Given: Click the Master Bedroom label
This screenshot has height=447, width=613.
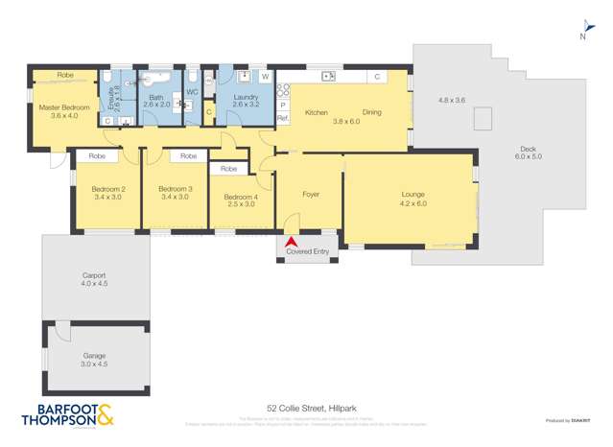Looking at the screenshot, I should pos(64,107).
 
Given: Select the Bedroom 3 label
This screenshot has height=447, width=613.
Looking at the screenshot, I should pos(176,190).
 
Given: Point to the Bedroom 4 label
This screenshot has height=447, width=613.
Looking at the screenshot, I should pos(241,198).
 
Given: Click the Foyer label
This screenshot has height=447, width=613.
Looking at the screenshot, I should pos(310,194).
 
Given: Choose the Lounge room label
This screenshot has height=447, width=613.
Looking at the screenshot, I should pos(413,195).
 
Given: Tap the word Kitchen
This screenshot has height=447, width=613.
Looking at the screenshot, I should pos(317,113).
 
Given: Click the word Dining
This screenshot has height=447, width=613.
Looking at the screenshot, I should pos(372,113).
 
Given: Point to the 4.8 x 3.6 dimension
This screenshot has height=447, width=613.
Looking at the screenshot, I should pos(451,100).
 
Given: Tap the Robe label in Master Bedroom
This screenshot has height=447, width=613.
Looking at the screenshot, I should pos(65,75).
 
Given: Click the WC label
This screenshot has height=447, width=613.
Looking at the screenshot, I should pos(192,92).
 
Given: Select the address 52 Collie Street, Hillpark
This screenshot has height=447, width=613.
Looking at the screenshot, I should pos(307,407).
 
